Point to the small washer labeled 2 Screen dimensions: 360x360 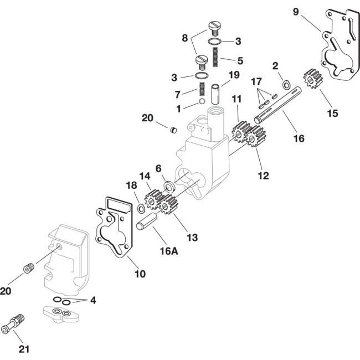285,84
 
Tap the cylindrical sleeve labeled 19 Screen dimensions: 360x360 218,89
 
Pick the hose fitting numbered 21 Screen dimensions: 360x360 16,326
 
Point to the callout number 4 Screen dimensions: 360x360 93,301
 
